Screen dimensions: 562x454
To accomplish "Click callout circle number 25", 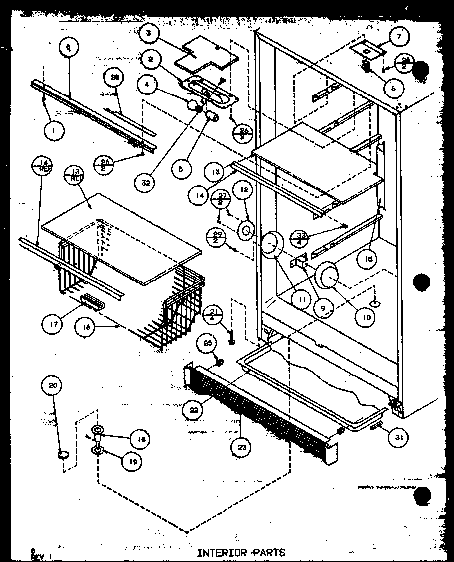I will coord(207,343).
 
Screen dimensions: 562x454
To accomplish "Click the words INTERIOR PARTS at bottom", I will coord(241,552).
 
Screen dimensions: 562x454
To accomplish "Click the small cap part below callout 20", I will coord(63,454).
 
